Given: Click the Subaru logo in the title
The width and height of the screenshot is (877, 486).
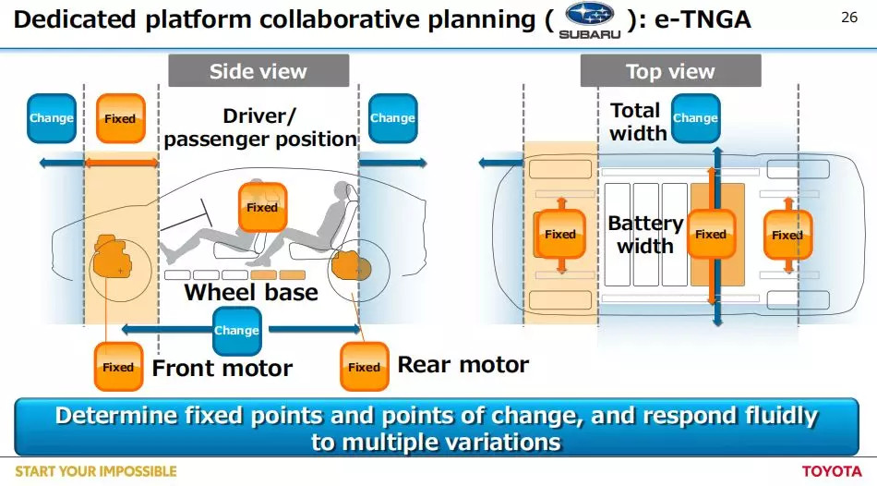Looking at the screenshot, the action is pyautogui.click(x=590, y=20).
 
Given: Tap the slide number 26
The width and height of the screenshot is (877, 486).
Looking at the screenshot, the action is pyautogui.click(x=849, y=18).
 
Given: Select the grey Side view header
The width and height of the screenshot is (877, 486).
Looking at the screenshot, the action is pyautogui.click(x=258, y=71).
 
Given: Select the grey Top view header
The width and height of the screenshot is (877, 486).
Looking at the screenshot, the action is pyautogui.click(x=670, y=71).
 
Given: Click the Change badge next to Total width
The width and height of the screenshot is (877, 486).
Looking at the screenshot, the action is pyautogui.click(x=695, y=118).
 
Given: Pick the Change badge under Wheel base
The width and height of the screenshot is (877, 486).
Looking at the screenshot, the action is pyautogui.click(x=236, y=331).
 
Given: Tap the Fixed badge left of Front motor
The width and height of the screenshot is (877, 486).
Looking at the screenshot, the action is pyautogui.click(x=118, y=368).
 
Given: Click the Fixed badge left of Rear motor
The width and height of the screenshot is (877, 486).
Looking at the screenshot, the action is pyautogui.click(x=364, y=368).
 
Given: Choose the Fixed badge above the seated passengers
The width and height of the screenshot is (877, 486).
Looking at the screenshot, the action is pyautogui.click(x=262, y=207).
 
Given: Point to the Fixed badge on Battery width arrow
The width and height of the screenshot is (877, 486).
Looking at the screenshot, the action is pyautogui.click(x=711, y=234).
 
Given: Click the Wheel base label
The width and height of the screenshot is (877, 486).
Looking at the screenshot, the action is pyautogui.click(x=251, y=292).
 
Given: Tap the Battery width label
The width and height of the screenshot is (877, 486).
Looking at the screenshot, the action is pyautogui.click(x=645, y=234).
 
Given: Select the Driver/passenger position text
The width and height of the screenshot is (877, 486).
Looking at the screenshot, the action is pyautogui.click(x=260, y=128).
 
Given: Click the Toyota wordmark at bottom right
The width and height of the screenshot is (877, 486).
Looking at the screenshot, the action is pyautogui.click(x=832, y=471).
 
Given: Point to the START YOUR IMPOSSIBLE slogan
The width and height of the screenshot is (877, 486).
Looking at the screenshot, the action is pyautogui.click(x=96, y=471).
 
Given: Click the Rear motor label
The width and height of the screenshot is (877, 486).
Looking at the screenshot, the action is pyautogui.click(x=463, y=364).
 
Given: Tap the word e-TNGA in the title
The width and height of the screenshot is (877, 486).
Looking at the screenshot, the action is pyautogui.click(x=703, y=19).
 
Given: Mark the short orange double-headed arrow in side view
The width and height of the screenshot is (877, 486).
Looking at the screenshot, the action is pyautogui.click(x=121, y=163).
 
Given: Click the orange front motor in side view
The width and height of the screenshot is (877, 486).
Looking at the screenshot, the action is pyautogui.click(x=113, y=257).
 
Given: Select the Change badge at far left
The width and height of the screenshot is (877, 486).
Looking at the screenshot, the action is pyautogui.click(x=52, y=118).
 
